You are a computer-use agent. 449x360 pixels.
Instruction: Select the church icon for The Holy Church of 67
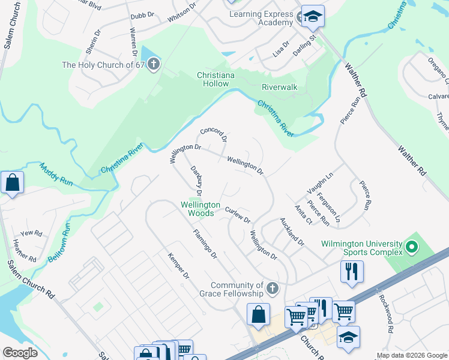click(x=153, y=64)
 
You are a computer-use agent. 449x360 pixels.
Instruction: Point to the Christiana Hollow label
click(x=213, y=79)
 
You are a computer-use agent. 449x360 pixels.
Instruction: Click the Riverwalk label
click(x=279, y=87)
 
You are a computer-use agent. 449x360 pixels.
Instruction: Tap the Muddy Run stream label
click(x=55, y=176)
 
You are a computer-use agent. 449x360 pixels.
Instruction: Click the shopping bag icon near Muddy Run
click(x=12, y=182)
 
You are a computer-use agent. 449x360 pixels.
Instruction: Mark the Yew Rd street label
click(x=31, y=233)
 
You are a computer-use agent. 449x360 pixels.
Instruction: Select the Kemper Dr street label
click(x=178, y=267)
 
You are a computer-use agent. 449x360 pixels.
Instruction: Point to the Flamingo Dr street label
click(x=205, y=244)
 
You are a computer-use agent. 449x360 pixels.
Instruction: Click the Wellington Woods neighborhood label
click(x=201, y=209)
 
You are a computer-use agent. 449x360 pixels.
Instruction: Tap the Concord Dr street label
click(x=214, y=134)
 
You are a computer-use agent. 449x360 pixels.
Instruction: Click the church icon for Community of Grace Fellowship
click(x=271, y=289)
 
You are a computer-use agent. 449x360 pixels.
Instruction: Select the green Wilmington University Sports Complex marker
click(x=411, y=247)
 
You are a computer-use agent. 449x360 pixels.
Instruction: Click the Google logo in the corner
click(x=20, y=353)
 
